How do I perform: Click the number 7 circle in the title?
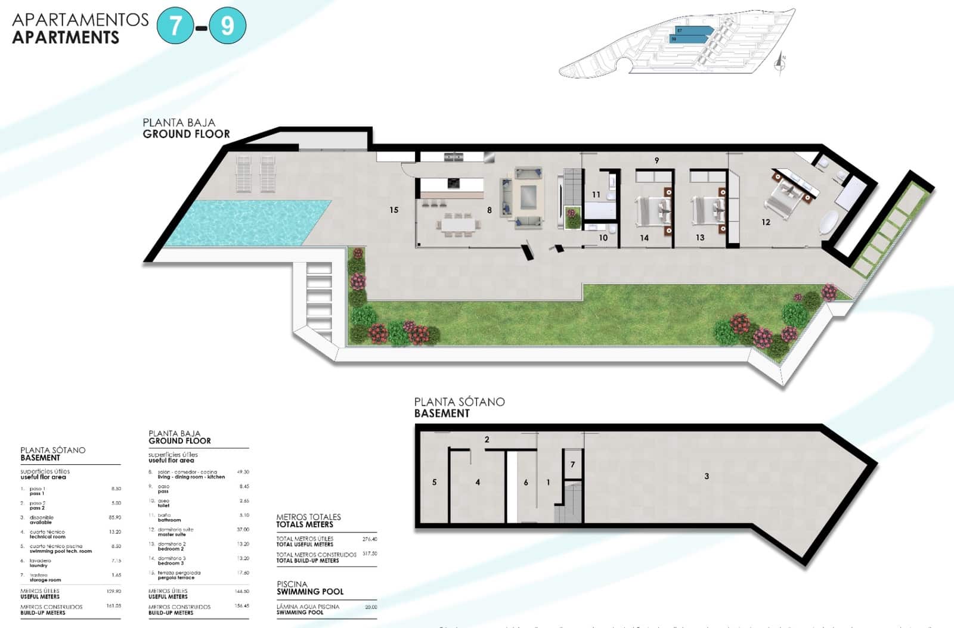(175, 26)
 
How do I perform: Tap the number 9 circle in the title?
(227, 26)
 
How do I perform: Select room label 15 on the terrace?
(394, 210)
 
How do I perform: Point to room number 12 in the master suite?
(766, 222)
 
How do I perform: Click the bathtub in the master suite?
(829, 222)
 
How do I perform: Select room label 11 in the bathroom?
(596, 194)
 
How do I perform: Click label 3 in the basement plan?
(707, 476)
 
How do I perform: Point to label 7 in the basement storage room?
(572, 464)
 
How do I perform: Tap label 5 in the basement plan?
(434, 482)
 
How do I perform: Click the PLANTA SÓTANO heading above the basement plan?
(459, 402)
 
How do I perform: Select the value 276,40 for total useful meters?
(370, 539)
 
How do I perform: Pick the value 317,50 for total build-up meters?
(370, 554)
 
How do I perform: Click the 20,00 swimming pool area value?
(371, 607)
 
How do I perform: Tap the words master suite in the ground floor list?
(172, 534)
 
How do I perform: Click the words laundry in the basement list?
(38, 565)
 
